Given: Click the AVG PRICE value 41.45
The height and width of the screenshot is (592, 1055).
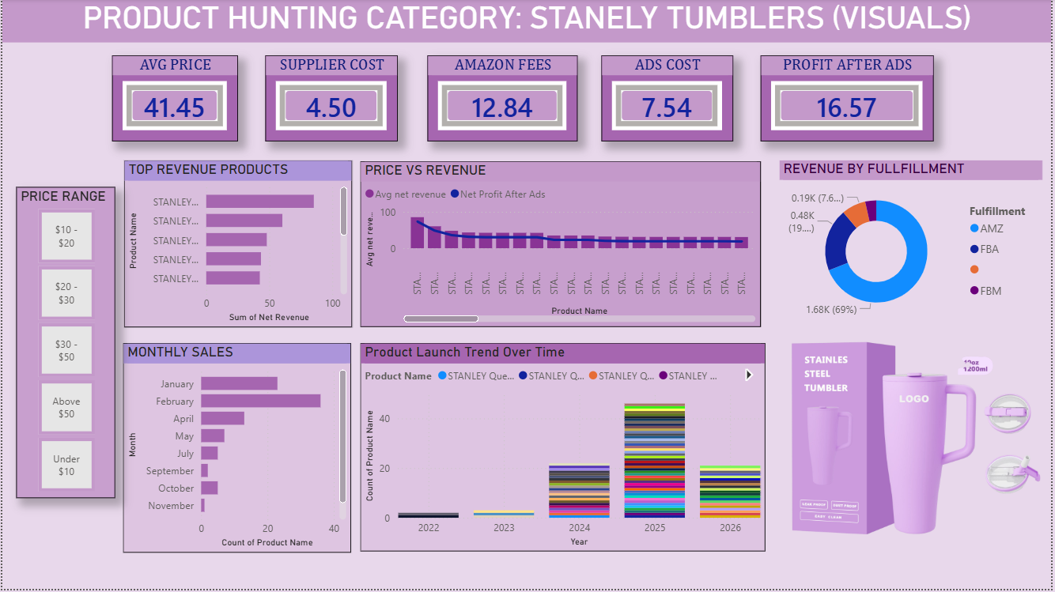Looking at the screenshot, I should click(174, 107).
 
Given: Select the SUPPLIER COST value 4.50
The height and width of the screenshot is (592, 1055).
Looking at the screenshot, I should click(331, 107).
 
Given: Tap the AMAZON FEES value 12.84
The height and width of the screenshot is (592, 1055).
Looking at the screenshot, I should click(502, 107).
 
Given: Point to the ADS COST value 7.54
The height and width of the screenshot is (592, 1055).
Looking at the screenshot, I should click(667, 107).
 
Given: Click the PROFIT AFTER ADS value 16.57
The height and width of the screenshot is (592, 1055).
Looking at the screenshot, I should click(846, 107).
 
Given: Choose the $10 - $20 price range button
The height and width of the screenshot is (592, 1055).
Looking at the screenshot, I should click(66, 236).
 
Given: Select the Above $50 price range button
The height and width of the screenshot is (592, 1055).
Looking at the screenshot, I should click(66, 407).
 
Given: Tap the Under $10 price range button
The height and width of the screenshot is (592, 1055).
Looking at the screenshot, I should click(66, 465).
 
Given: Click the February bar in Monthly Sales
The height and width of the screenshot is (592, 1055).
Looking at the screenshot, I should click(260, 401).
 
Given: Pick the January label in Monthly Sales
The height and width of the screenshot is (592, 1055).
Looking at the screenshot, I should click(176, 384).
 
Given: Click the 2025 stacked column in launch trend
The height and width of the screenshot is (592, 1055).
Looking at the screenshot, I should click(654, 460).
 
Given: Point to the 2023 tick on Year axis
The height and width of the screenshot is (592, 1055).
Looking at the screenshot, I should click(503, 528).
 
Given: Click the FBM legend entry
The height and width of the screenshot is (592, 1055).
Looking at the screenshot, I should click(990, 291).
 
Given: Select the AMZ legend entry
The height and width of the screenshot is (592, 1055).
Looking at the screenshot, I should click(991, 228).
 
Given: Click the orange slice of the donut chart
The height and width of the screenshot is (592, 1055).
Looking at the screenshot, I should click(855, 212).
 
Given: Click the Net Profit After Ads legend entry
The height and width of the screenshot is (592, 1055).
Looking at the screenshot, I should click(502, 194).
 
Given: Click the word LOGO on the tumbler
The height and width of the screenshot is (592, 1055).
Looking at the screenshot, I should click(913, 398).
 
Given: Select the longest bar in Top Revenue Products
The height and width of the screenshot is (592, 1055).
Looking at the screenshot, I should click(259, 202).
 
